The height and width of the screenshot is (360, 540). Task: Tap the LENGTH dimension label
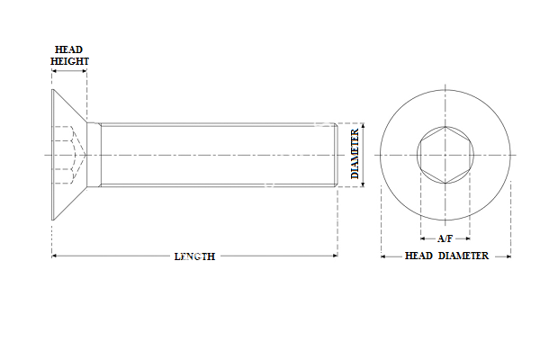tap(194, 256)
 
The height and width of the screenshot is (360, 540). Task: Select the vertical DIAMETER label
tap(355, 155)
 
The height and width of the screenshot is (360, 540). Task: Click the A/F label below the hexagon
tap(445, 239)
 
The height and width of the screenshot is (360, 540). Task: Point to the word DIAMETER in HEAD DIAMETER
tap(463, 256)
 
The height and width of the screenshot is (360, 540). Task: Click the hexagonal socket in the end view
tap(445, 155)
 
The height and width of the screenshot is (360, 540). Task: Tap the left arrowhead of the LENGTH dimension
tap(55, 256)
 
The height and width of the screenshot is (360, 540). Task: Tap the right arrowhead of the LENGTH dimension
tap(334, 256)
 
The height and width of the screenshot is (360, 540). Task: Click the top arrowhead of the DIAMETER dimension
tap(364, 126)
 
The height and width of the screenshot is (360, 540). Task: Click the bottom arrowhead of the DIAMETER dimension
tap(364, 184)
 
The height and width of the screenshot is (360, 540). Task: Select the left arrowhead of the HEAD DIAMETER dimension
tap(384, 256)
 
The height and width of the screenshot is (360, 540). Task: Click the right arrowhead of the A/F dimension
tap(468, 239)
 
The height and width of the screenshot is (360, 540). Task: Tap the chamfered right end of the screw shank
tap(336, 155)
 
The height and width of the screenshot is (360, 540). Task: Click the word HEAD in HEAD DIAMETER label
tap(418, 256)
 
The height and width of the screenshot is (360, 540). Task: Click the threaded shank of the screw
tap(216, 155)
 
